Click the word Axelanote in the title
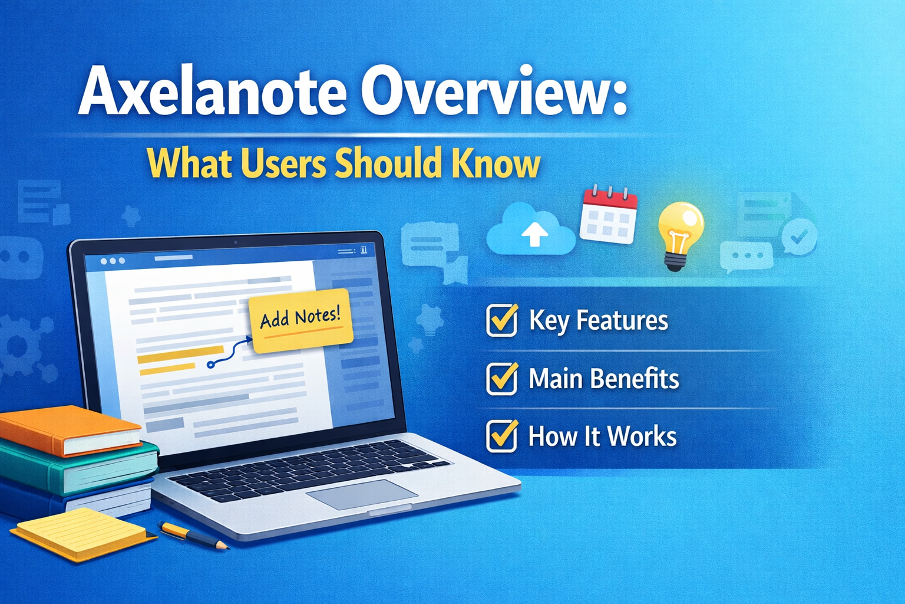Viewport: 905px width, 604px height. pyautogui.click(x=213, y=91)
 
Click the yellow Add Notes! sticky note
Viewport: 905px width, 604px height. pyautogui.click(x=301, y=320)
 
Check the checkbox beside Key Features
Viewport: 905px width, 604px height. pyautogui.click(x=502, y=320)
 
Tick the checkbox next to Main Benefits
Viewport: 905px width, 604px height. pyautogui.click(x=502, y=378)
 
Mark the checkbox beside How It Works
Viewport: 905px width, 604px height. pyautogui.click(x=502, y=436)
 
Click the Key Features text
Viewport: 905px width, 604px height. pyautogui.click(x=599, y=321)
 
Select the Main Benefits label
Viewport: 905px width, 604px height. pyautogui.click(x=603, y=379)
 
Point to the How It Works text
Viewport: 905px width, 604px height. pyautogui.click(x=602, y=436)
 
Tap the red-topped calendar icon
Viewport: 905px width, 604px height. pyautogui.click(x=609, y=215)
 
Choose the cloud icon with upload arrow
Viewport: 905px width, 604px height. pyautogui.click(x=531, y=229)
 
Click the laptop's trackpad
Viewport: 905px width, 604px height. pyautogui.click(x=362, y=494)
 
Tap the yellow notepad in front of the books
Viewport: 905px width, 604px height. pyautogui.click(x=83, y=534)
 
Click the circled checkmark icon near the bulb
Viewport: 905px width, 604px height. pyautogui.click(x=799, y=237)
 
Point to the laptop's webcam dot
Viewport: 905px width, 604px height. pyautogui.click(x=236, y=242)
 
